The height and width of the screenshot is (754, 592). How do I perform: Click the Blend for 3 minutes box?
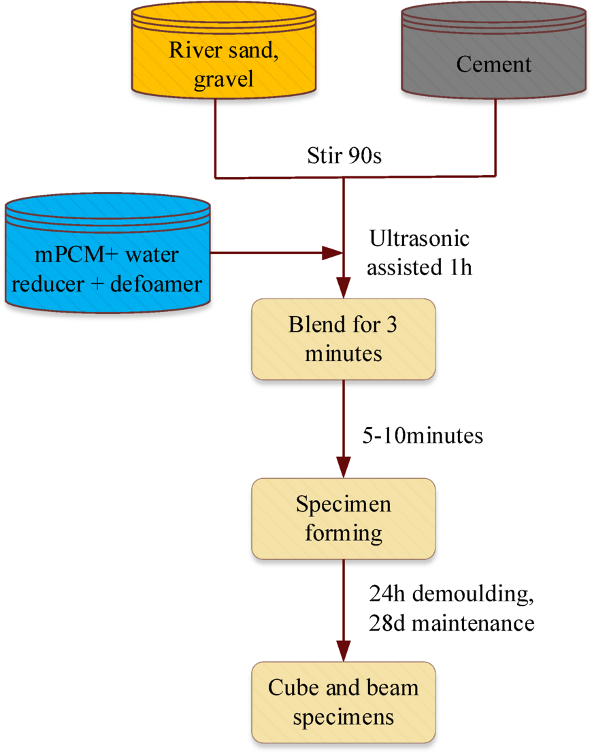[x=343, y=339]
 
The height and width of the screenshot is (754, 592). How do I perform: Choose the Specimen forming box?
[x=343, y=518]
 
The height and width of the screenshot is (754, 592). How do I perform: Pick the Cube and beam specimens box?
[x=343, y=702]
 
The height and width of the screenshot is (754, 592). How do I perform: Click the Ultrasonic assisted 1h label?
[x=418, y=253]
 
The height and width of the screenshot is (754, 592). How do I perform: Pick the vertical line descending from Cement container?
[x=495, y=136]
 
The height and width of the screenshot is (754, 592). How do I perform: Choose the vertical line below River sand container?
[x=216, y=136]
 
